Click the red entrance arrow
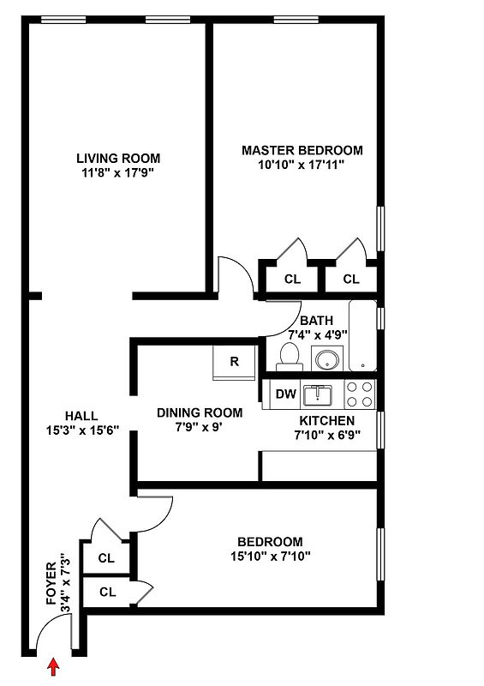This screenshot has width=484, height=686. (x=53, y=667)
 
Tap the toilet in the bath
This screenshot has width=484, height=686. (x=290, y=357)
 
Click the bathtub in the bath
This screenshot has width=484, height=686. (x=362, y=335)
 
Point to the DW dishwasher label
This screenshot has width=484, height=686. (x=286, y=394)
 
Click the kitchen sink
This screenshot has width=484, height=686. (x=318, y=395)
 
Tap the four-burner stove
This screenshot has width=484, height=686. (x=360, y=394)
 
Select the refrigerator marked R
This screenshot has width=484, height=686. (x=234, y=363)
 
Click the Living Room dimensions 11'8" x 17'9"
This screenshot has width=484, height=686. (x=118, y=173)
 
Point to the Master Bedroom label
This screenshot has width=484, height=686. (x=302, y=151)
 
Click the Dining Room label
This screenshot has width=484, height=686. (x=200, y=412)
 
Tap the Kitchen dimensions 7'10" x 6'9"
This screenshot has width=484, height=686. (x=327, y=435)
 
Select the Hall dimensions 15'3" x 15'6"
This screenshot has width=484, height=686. (x=82, y=430)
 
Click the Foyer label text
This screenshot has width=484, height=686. (x=51, y=583)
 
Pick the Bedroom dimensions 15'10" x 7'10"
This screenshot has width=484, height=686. (x=271, y=556)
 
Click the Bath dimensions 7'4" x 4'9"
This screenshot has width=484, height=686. (x=318, y=334)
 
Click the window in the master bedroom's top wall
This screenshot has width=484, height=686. (x=296, y=20)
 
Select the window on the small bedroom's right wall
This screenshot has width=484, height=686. (x=380, y=554)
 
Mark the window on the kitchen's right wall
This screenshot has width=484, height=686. (x=380, y=430)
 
